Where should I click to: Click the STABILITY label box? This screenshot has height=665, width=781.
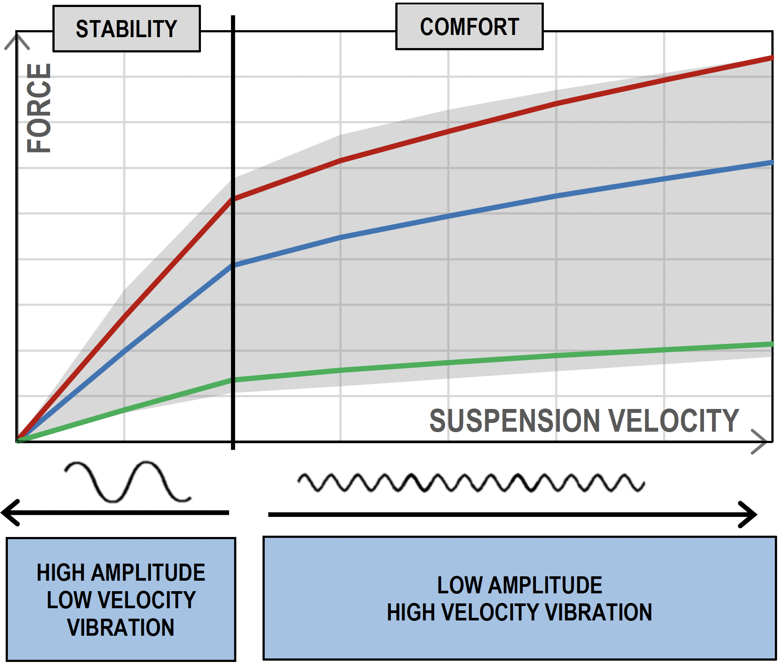(x=126, y=29)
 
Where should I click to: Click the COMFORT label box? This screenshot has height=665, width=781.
(x=469, y=27)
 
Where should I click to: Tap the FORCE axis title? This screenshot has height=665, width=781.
(x=39, y=108)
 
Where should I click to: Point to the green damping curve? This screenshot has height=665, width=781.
(x=502, y=359)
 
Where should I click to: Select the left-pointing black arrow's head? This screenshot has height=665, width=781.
(x=10, y=513)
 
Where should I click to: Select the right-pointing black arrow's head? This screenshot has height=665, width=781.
(x=749, y=515)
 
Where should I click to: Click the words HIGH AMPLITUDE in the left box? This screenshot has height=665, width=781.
(x=121, y=573)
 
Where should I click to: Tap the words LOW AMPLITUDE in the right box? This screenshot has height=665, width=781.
(x=519, y=585)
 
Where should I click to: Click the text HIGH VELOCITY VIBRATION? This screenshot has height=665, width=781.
(x=519, y=613)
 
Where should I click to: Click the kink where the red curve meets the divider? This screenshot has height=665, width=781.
(x=233, y=199)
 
